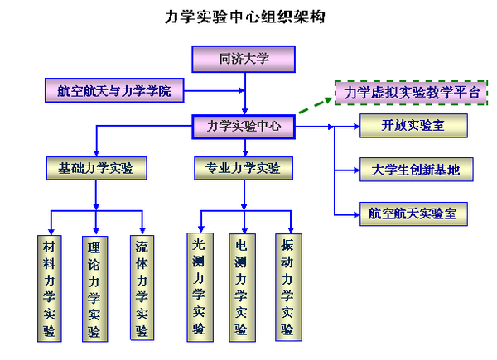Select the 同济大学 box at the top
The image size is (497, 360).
coord(244,59)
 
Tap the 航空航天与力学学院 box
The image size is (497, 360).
coord(120,91)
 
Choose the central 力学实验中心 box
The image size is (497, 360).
coord(244,127)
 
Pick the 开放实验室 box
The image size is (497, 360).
coord(413,127)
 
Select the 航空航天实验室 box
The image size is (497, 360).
coord(413,214)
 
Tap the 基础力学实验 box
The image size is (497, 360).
coord(96,169)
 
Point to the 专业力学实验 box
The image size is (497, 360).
coord(244,169)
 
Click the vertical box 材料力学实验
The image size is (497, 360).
coord(51,288)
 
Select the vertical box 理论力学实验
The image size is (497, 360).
coord(94,288)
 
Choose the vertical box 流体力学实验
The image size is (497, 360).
coord(142,287)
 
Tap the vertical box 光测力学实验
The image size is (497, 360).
coord(199,286)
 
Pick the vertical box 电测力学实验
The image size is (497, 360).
coord(241,286)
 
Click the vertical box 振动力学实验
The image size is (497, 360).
coord(287,286)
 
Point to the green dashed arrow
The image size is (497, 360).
coord(315,108)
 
